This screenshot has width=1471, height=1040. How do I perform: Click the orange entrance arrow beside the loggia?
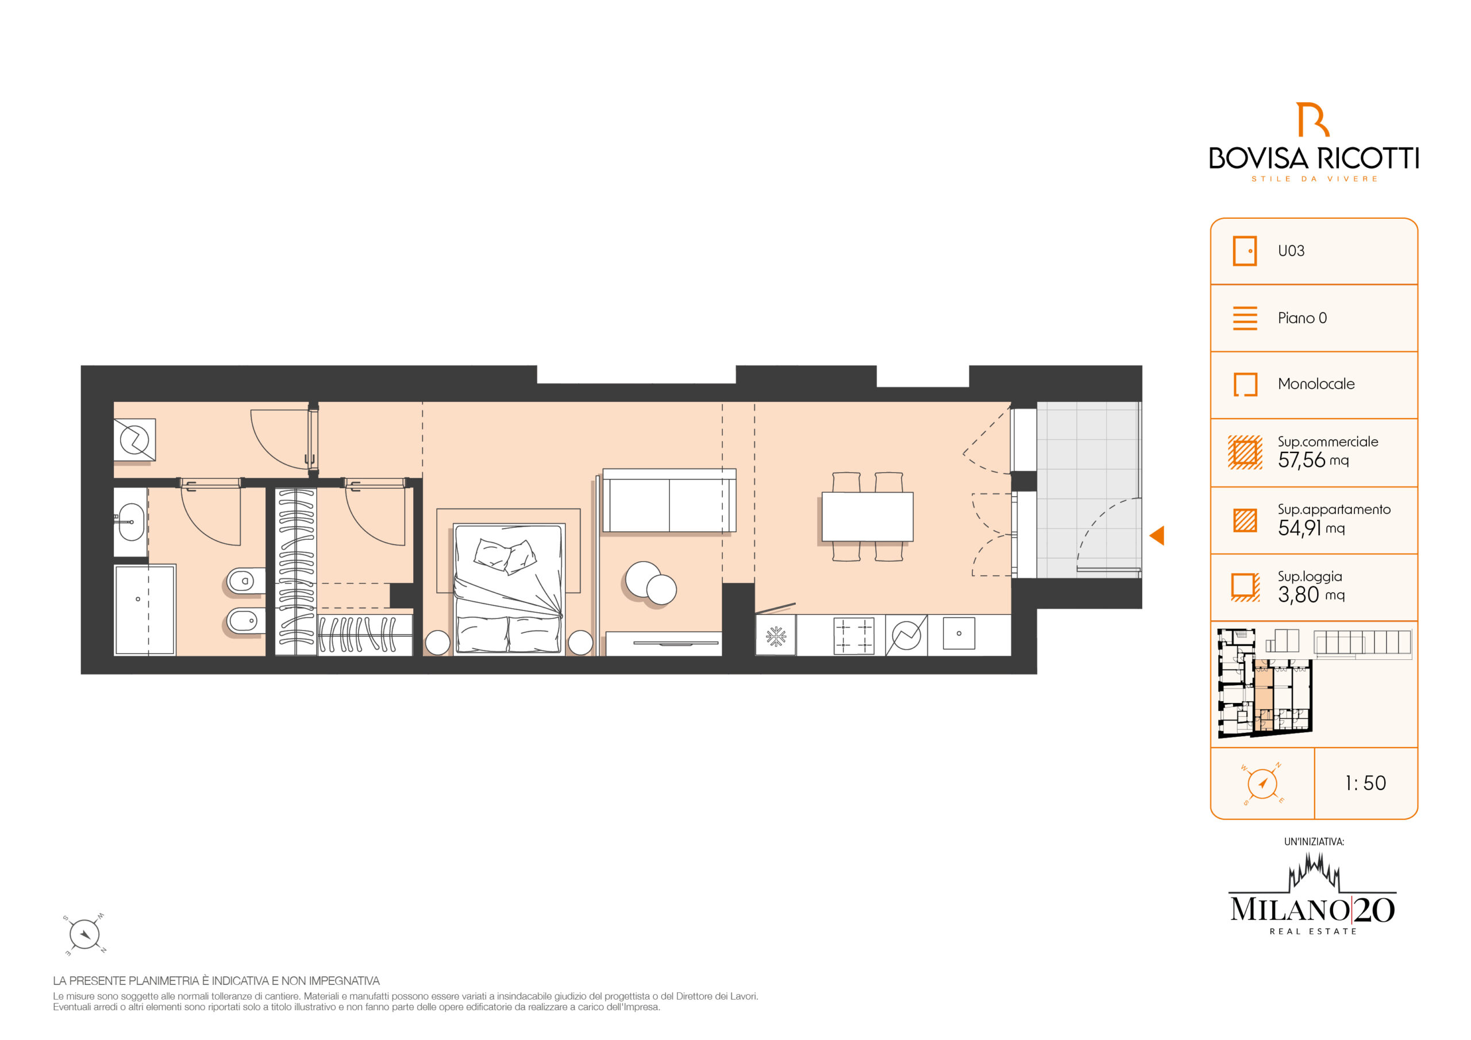[1158, 536]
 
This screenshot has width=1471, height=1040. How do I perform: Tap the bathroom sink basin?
[132, 522]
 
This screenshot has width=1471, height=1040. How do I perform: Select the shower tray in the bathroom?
[145, 610]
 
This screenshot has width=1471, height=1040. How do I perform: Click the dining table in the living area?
[868, 517]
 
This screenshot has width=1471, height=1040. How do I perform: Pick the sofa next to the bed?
[669, 500]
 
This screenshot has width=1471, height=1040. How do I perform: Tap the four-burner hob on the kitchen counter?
[853, 636]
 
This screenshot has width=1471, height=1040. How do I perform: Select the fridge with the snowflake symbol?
[776, 636]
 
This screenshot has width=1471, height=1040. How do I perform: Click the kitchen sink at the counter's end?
[959, 633]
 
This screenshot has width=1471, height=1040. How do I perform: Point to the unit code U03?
[1291, 251]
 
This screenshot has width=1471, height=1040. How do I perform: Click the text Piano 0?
[1302, 318]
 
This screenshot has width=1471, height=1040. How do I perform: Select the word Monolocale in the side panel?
[1316, 384]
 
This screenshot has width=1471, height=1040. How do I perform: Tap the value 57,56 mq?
[1313, 460]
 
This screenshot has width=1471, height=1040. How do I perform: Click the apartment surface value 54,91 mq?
[1311, 528]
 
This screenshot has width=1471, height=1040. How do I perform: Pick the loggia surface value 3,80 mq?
[1311, 595]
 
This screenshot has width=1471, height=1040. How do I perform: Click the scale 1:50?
[1365, 783]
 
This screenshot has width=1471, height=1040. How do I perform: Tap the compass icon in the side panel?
[1262, 784]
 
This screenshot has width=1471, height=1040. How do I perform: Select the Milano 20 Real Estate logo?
[1312, 896]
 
